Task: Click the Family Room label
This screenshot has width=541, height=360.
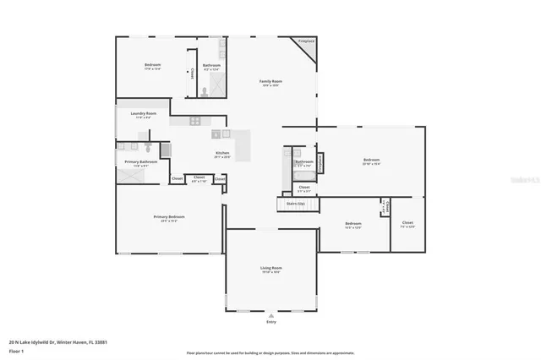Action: click(270, 82)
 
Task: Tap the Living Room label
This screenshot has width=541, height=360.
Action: click(270, 269)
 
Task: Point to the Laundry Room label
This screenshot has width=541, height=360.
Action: click(144, 114)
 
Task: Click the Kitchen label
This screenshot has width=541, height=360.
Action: click(222, 154)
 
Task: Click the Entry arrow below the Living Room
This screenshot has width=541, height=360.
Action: click(270, 314)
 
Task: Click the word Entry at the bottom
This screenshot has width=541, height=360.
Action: click(270, 321)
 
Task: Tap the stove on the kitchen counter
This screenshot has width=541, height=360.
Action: click(195, 121)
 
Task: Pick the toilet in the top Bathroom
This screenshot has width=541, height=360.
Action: click(205, 85)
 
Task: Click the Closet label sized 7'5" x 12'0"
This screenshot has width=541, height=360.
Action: click(407, 224)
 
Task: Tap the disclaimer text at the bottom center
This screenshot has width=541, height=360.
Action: click(270, 352)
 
